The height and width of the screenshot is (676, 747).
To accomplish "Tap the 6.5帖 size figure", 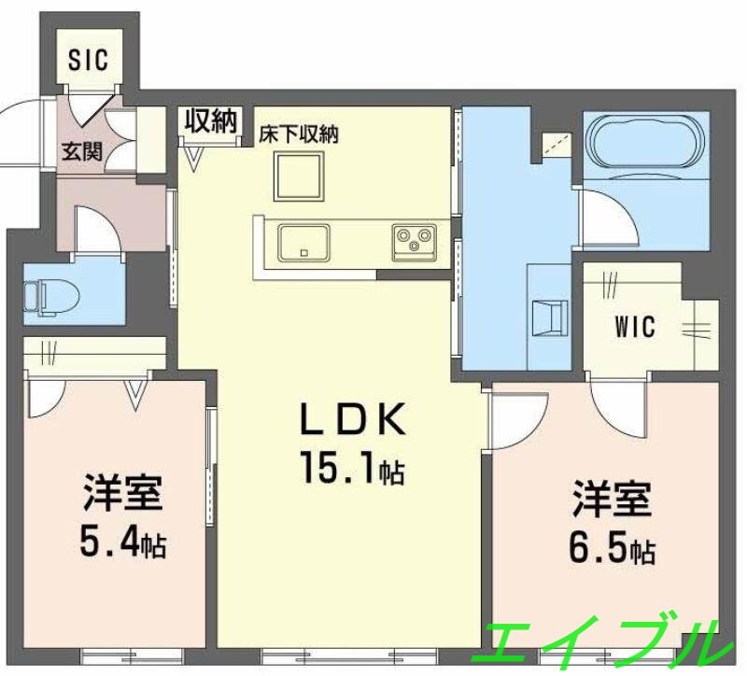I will pos(608,548).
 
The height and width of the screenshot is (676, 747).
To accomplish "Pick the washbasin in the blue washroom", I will pos(547,317).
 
